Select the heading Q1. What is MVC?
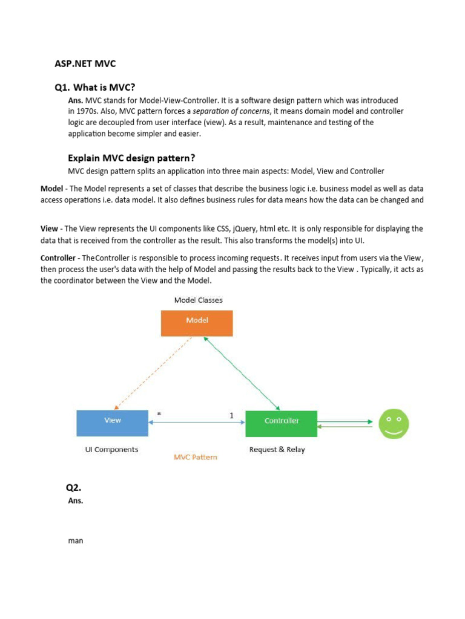tap(99, 87)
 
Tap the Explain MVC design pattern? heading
tap(131, 158)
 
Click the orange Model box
tap(197, 323)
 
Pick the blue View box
tap(112, 423)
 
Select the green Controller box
tap(281, 423)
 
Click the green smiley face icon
tap(394, 423)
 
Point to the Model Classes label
tap(198, 300)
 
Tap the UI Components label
tap(111, 450)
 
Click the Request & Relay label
tap(277, 450)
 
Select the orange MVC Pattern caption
tap(195, 458)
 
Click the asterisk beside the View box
tap(159, 414)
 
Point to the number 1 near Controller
tap(231, 415)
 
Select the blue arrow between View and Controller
tap(196, 423)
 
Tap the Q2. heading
tap(73, 487)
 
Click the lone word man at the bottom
tap(76, 541)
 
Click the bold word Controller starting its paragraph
tap(58, 259)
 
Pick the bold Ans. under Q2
tap(76, 501)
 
